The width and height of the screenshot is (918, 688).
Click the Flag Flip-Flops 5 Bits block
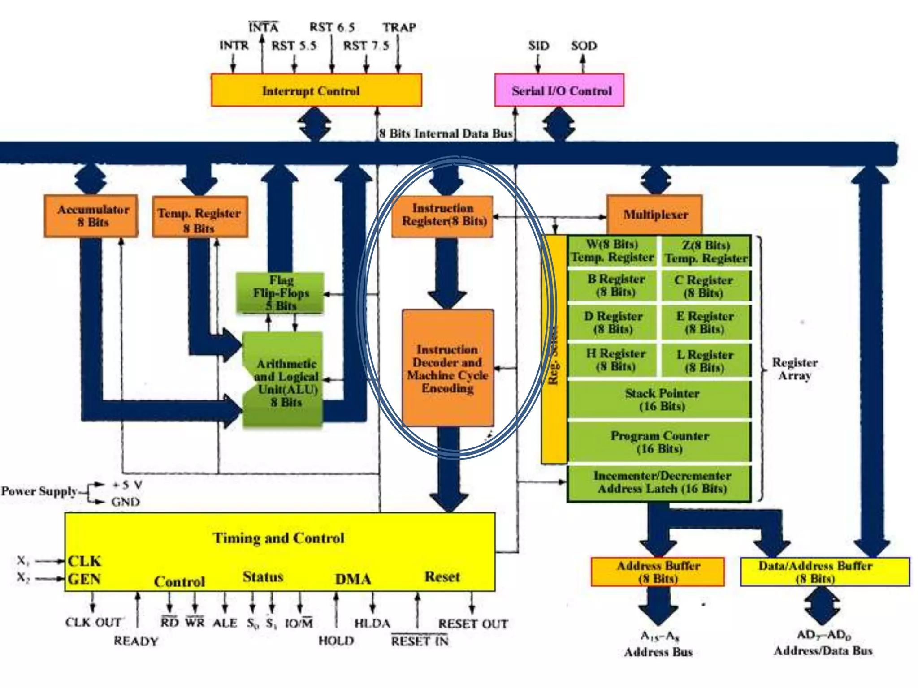coord(280,293)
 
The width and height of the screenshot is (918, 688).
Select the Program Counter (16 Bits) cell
coord(659,442)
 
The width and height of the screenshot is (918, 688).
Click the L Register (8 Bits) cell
coord(705,361)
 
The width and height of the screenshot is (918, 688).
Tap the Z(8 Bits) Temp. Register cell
coord(706,252)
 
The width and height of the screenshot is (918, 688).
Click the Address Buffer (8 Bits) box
coord(658,572)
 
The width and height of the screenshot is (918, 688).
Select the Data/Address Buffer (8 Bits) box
coord(825,572)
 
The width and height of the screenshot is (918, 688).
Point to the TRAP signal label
coord(399,28)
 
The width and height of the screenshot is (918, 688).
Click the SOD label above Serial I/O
coord(584,46)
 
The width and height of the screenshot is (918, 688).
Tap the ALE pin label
coord(225,623)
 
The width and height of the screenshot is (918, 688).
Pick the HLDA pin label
coord(372,623)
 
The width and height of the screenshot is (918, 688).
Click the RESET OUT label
coord(472,624)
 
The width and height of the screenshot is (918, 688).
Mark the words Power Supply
coord(39,491)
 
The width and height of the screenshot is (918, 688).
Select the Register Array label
coord(794,369)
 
